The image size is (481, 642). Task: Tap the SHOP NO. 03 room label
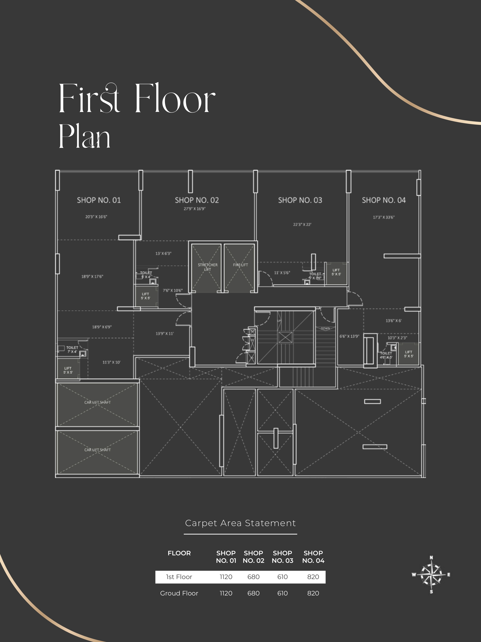(300, 200)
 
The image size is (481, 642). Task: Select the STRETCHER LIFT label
(208, 267)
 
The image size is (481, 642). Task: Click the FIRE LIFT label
(240, 265)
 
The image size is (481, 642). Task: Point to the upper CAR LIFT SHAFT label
(97, 402)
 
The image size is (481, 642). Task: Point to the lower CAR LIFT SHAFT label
(97, 450)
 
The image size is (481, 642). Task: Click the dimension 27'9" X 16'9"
(195, 209)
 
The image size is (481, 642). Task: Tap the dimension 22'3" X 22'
(302, 224)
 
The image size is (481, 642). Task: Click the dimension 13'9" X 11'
(164, 334)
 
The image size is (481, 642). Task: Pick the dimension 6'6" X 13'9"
(349, 336)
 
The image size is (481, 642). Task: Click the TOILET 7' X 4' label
(72, 349)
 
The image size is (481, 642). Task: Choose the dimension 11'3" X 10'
(111, 362)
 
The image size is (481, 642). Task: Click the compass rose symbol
(431, 574)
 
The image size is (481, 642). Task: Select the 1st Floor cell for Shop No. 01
(226, 577)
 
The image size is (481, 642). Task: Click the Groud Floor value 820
(313, 593)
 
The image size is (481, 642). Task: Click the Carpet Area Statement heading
(240, 523)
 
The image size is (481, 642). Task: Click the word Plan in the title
(84, 136)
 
